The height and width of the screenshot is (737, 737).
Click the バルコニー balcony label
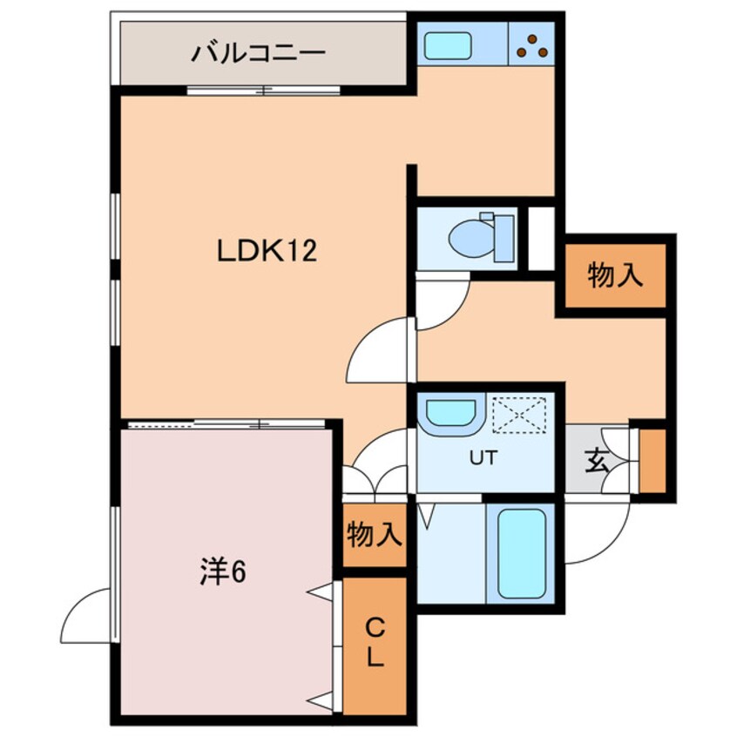tap(259, 53)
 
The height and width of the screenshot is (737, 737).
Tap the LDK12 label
tap(265, 252)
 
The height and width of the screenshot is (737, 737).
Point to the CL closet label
tap(374, 642)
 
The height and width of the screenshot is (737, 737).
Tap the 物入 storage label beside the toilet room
tap(615, 276)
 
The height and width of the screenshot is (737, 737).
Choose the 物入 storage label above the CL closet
tap(374, 534)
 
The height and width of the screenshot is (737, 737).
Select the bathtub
tap(521, 554)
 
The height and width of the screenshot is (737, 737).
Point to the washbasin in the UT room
tap(448, 414)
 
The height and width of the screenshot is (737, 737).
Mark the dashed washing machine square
tap(518, 414)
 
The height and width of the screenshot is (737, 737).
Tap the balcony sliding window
tap(264, 91)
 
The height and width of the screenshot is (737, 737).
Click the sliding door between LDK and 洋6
tap(227, 424)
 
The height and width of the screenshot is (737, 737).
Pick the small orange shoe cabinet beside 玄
tap(652, 461)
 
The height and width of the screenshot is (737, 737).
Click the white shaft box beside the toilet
tap(541, 237)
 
